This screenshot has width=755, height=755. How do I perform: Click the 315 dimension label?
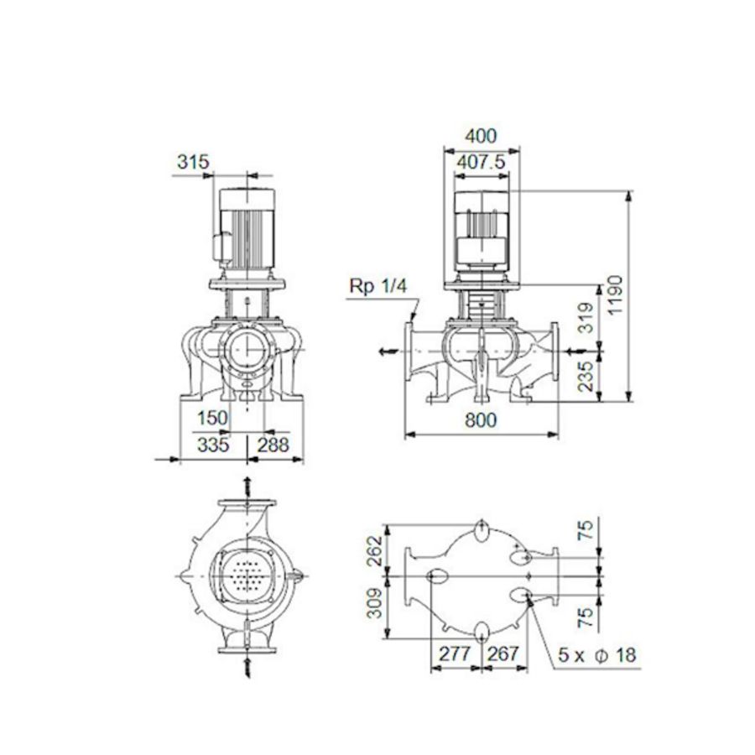(192, 162)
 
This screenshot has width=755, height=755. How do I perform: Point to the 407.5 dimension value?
(481, 163)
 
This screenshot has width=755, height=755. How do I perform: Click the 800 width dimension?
(480, 422)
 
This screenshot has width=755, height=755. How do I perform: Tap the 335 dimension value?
(213, 445)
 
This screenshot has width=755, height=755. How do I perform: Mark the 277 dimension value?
(455, 654)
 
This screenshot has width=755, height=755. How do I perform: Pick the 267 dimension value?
(502, 654)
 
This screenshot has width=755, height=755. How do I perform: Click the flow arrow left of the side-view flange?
(384, 351)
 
